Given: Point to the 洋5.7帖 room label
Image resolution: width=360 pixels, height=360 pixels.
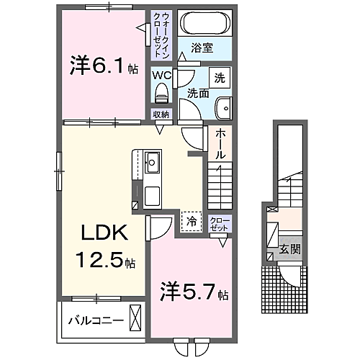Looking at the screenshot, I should click(191, 293).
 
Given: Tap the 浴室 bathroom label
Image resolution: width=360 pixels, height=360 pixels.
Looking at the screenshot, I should click(202, 49).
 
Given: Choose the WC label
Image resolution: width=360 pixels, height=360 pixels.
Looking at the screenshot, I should click(161, 73).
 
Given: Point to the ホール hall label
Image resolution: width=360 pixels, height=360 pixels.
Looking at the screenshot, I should click(220, 143).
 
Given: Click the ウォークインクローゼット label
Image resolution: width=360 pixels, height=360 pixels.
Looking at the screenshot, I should click(160, 35).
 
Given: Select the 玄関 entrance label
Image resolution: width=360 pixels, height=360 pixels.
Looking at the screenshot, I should click(291, 250).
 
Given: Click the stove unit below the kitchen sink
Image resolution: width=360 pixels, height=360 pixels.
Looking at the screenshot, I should click(153, 194).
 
